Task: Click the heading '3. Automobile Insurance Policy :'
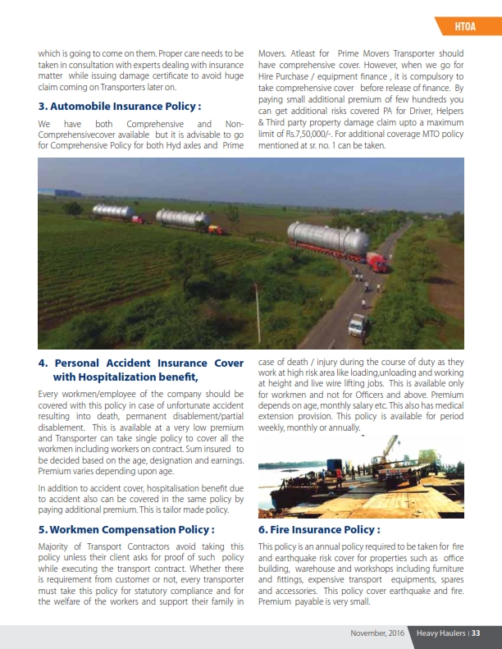pyautogui.click(x=120, y=106)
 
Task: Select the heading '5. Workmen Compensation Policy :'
pyautogui.click(x=126, y=529)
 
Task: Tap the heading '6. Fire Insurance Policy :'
pyautogui.click(x=319, y=529)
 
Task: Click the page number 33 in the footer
pyautogui.click(x=475, y=633)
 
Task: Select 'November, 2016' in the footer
pyautogui.click(x=377, y=633)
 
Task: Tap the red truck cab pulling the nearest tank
pyautogui.click(x=377, y=262)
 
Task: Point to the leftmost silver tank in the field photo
pyautogui.click(x=113, y=212)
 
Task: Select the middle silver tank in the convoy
pyautogui.click(x=183, y=218)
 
